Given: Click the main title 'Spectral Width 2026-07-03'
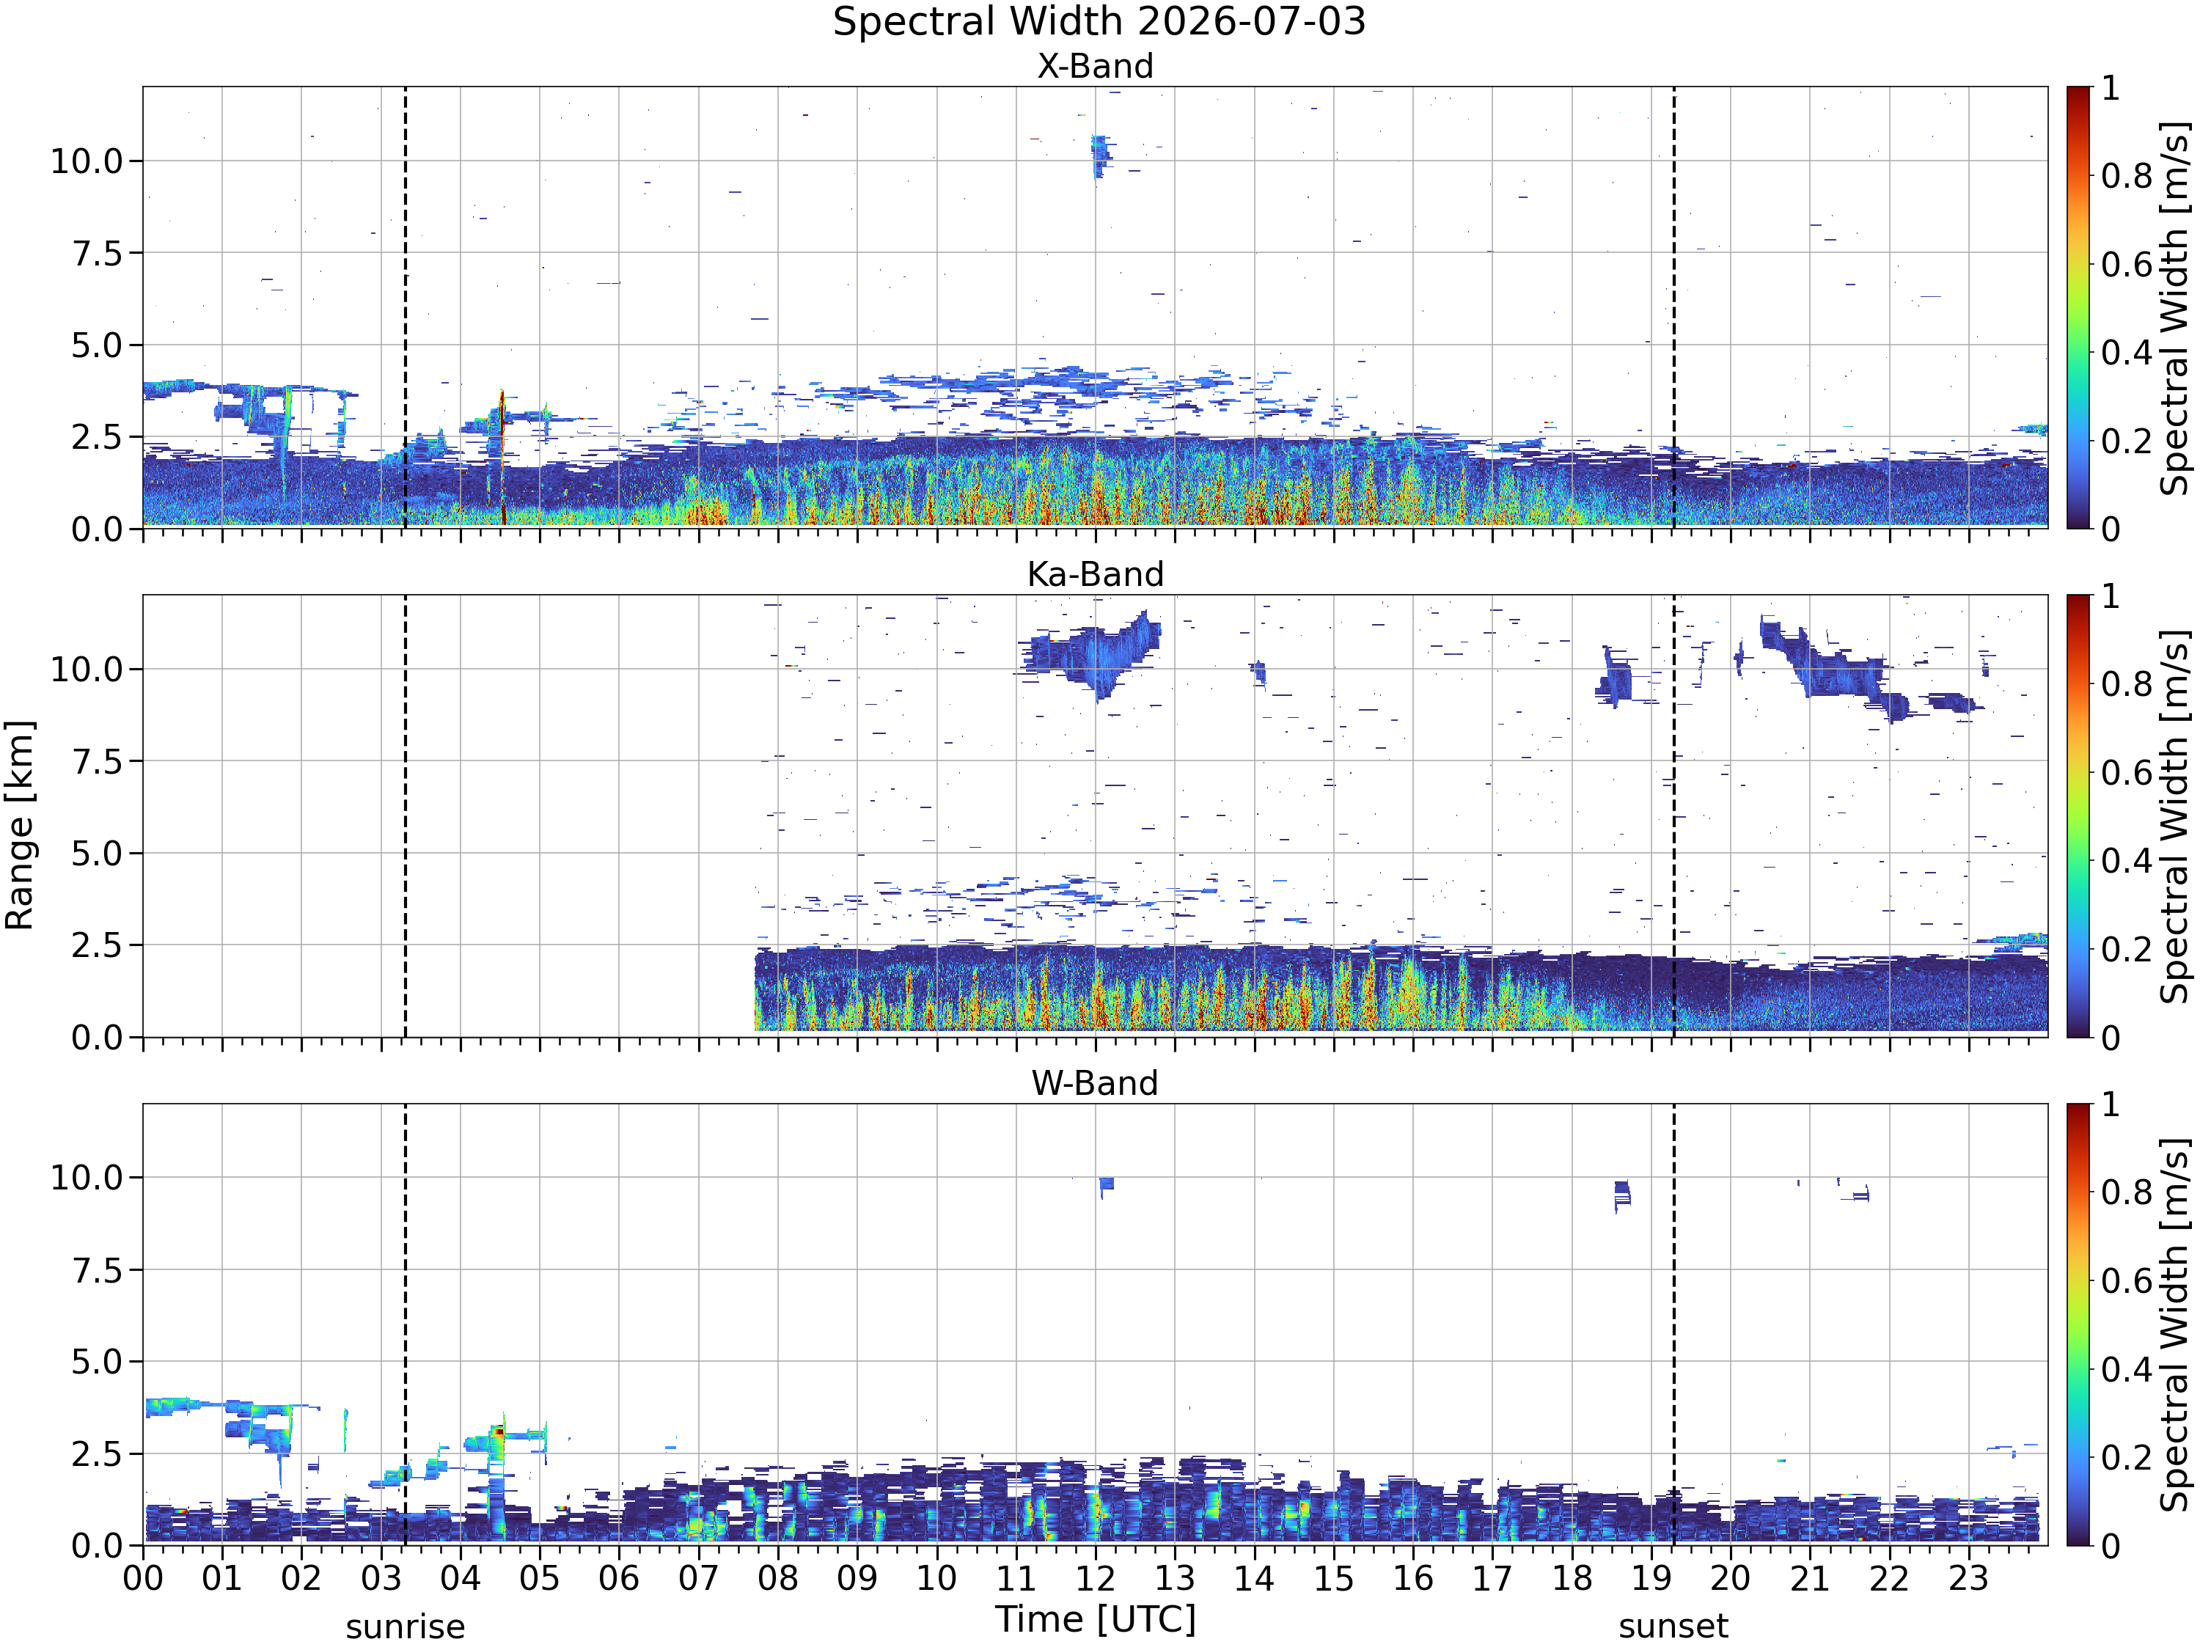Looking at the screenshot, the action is click(1099, 22).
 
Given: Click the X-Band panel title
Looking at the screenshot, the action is click(1095, 67).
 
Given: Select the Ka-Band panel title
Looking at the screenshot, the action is click(1095, 575).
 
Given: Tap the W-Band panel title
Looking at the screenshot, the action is click(1095, 1083).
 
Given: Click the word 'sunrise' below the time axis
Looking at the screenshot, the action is click(405, 1627).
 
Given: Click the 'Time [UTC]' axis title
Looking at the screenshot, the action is click(1095, 1619).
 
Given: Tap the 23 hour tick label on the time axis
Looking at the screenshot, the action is click(1968, 1578).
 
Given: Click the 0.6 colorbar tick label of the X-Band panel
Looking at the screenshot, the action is click(2127, 265).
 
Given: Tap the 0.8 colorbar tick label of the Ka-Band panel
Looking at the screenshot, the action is click(2127, 684).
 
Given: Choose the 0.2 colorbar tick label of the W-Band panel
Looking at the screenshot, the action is click(2127, 1458).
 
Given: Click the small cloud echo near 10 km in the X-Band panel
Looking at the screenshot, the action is click(1099, 156).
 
